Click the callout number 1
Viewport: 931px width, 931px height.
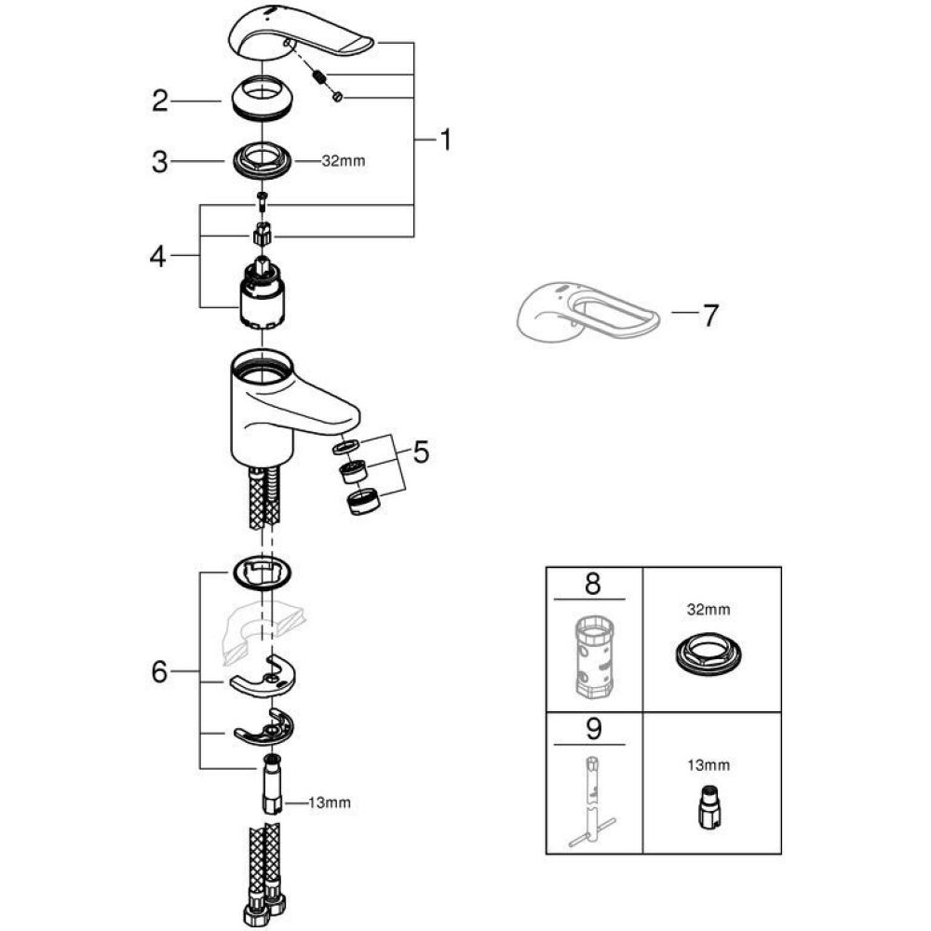tap(445, 142)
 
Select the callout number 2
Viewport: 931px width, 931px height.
tap(160, 101)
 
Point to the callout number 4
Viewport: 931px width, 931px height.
tap(160, 257)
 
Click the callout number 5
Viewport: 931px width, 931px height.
tap(421, 453)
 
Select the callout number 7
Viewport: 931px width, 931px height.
tap(709, 317)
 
